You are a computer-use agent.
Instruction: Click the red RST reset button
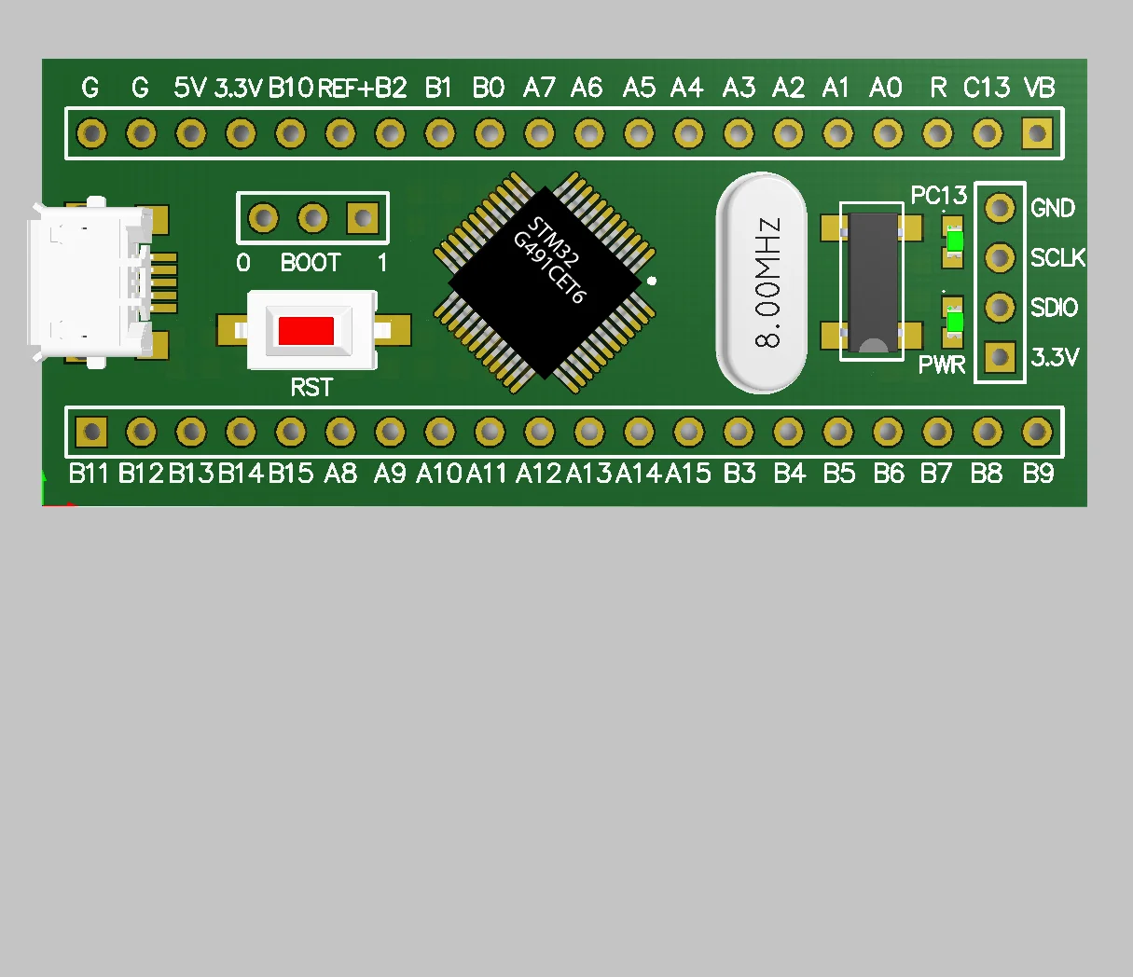point(306,331)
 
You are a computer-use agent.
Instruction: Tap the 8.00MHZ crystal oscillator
point(762,282)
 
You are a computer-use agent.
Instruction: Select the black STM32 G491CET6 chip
point(545,282)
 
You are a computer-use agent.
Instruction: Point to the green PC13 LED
point(954,241)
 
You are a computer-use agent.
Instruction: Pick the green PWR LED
point(954,322)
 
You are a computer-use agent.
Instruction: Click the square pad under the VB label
point(1037,133)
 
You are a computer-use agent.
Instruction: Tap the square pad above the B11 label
point(91,432)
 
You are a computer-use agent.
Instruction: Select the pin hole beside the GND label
point(1000,207)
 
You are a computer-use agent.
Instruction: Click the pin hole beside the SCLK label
point(1000,257)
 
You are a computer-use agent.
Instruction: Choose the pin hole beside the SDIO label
point(1000,307)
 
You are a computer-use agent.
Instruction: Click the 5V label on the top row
point(190,88)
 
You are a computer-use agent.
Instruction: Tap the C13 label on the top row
point(987,88)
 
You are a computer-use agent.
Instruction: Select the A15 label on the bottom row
point(688,474)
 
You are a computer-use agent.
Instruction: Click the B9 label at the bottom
point(1038,474)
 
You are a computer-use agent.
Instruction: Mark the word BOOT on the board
point(311,263)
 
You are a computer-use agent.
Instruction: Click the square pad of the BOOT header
point(362,219)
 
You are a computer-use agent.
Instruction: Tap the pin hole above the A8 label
point(340,432)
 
